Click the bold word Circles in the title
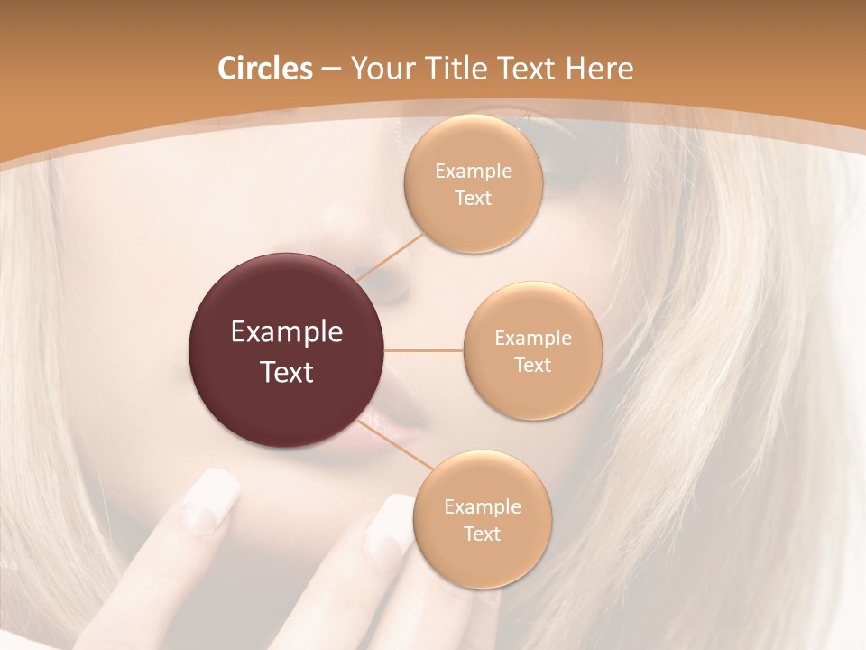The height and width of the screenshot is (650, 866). pos(264,69)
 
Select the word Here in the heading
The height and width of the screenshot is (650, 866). pos(600,69)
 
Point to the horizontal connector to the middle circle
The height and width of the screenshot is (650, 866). pos(424,350)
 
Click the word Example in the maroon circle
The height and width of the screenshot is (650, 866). pos(287,332)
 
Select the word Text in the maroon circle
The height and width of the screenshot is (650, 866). pos(287,372)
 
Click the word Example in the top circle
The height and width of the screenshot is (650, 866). pos(474,172)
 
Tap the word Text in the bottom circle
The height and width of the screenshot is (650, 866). pos(482,534)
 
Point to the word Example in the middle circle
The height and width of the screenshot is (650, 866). pos(533,339)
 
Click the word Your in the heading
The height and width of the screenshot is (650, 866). pos(381,69)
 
